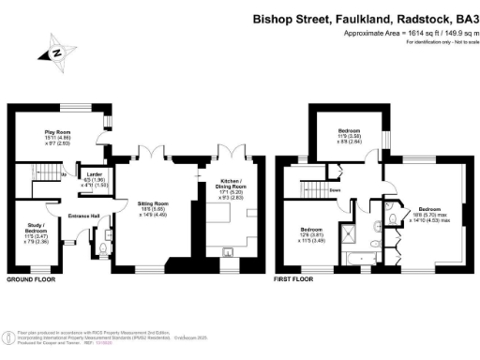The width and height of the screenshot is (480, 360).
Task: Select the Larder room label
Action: [95, 178]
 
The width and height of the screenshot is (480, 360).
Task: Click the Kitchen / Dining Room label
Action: [231, 185]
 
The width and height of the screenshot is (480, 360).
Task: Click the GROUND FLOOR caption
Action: [30, 280]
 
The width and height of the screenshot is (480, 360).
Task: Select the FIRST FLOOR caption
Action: [294, 280]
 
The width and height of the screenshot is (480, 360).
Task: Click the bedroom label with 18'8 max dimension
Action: [428, 216]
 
